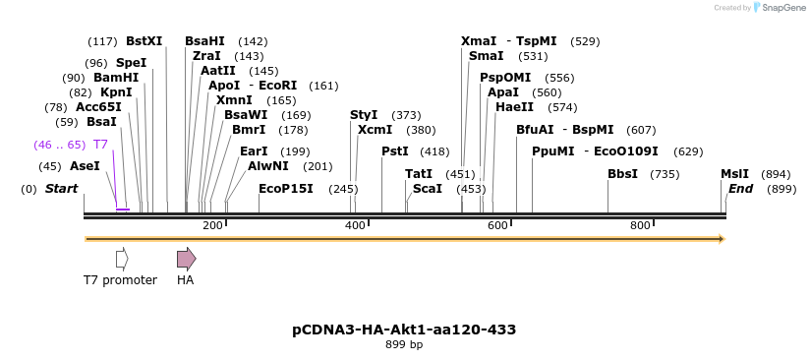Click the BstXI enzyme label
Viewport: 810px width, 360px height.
(x=144, y=41)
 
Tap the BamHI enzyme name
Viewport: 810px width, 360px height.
(x=116, y=78)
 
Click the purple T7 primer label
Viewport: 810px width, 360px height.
(x=100, y=145)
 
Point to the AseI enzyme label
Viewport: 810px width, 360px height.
(x=85, y=166)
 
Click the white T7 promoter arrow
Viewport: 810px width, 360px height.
(x=122, y=259)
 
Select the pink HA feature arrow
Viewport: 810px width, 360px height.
(x=186, y=259)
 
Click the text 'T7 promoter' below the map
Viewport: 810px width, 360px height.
(x=120, y=280)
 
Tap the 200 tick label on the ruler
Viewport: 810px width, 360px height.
(x=212, y=226)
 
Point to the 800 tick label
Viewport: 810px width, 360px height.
(x=640, y=226)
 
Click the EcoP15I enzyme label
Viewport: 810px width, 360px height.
(x=286, y=189)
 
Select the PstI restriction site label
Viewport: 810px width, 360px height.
(x=395, y=151)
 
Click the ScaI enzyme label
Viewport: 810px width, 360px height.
(x=428, y=189)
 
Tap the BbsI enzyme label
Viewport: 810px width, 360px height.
(x=622, y=174)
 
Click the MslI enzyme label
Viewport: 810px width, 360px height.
(x=734, y=174)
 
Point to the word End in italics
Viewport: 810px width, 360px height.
(x=740, y=189)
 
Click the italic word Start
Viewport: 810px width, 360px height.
(x=61, y=189)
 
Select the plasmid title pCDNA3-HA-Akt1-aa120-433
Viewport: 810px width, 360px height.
(x=404, y=330)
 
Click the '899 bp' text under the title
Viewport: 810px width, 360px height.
(x=404, y=345)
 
